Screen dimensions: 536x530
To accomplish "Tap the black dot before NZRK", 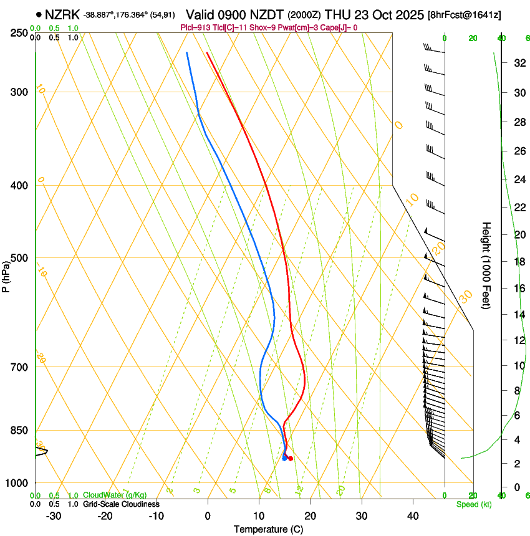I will [x=39, y=14].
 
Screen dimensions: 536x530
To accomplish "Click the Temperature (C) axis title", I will [x=268, y=529].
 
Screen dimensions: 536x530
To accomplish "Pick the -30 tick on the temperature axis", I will [x=54, y=516].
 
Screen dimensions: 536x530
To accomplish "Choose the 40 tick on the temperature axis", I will [x=413, y=516].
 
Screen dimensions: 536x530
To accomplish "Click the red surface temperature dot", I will [x=291, y=459].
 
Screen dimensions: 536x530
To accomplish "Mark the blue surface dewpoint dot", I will [x=284, y=459].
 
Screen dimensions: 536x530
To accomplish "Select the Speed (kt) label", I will [x=474, y=504].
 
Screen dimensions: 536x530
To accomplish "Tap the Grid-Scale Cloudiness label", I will [x=121, y=504].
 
